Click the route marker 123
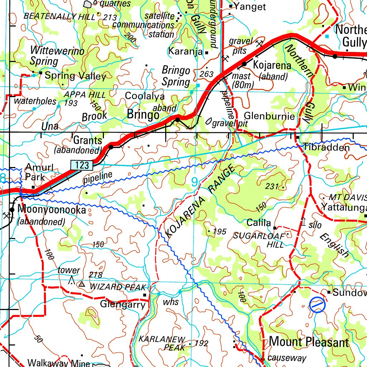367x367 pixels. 82,165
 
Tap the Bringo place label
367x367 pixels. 143,115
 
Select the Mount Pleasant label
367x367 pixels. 309,342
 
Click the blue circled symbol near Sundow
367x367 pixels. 317,305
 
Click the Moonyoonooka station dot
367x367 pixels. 12,209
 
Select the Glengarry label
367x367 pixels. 123,305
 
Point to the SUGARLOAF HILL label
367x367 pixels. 259,240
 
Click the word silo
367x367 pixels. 315,225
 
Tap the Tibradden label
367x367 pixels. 326,147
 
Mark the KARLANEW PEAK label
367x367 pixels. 162,343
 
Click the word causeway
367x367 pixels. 287,358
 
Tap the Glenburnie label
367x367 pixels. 269,116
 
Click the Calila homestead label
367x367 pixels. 258,223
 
